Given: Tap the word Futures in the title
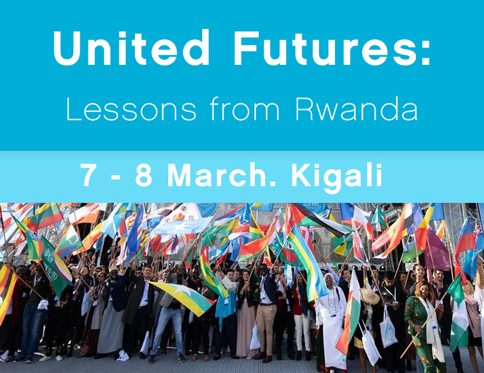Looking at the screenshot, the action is (x=324, y=48).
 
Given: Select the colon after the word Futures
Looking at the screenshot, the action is (x=426, y=53).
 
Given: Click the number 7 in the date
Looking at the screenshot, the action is (x=89, y=175).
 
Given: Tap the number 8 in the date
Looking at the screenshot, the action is (x=144, y=175).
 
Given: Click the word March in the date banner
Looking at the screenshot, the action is (x=217, y=175).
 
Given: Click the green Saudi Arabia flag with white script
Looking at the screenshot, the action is (x=56, y=266).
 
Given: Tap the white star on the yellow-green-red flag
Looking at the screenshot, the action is (x=180, y=290).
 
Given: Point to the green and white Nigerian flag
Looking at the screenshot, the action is (x=458, y=312).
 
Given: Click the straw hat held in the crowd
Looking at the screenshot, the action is (x=370, y=296).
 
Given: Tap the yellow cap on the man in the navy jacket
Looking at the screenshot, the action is (x=113, y=268).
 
